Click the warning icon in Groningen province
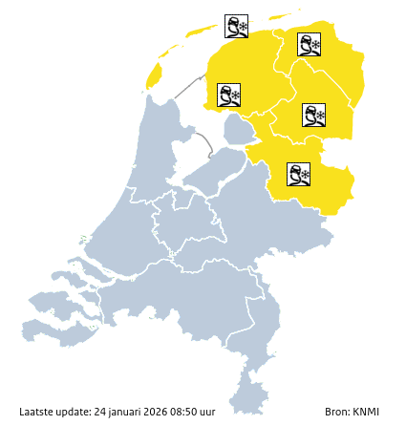[x=309, y=44]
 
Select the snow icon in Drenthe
[x=314, y=116]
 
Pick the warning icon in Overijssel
[x=299, y=174]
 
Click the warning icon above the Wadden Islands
[x=236, y=26]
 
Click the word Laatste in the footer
[x=37, y=412]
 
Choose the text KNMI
[x=366, y=412]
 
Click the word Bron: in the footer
[x=337, y=412]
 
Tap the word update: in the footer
[x=75, y=412]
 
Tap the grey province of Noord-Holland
[x=143, y=162]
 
